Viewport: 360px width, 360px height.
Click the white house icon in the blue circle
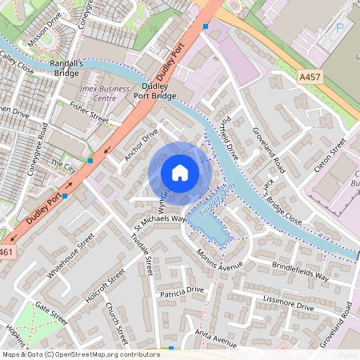[179, 173]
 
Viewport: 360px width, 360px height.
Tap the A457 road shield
[311, 76]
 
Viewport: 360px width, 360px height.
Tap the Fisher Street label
[89, 112]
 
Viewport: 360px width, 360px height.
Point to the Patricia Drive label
[182, 290]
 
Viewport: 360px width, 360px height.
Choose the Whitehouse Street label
[70, 255]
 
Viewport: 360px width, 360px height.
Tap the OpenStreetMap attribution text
[81, 354]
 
